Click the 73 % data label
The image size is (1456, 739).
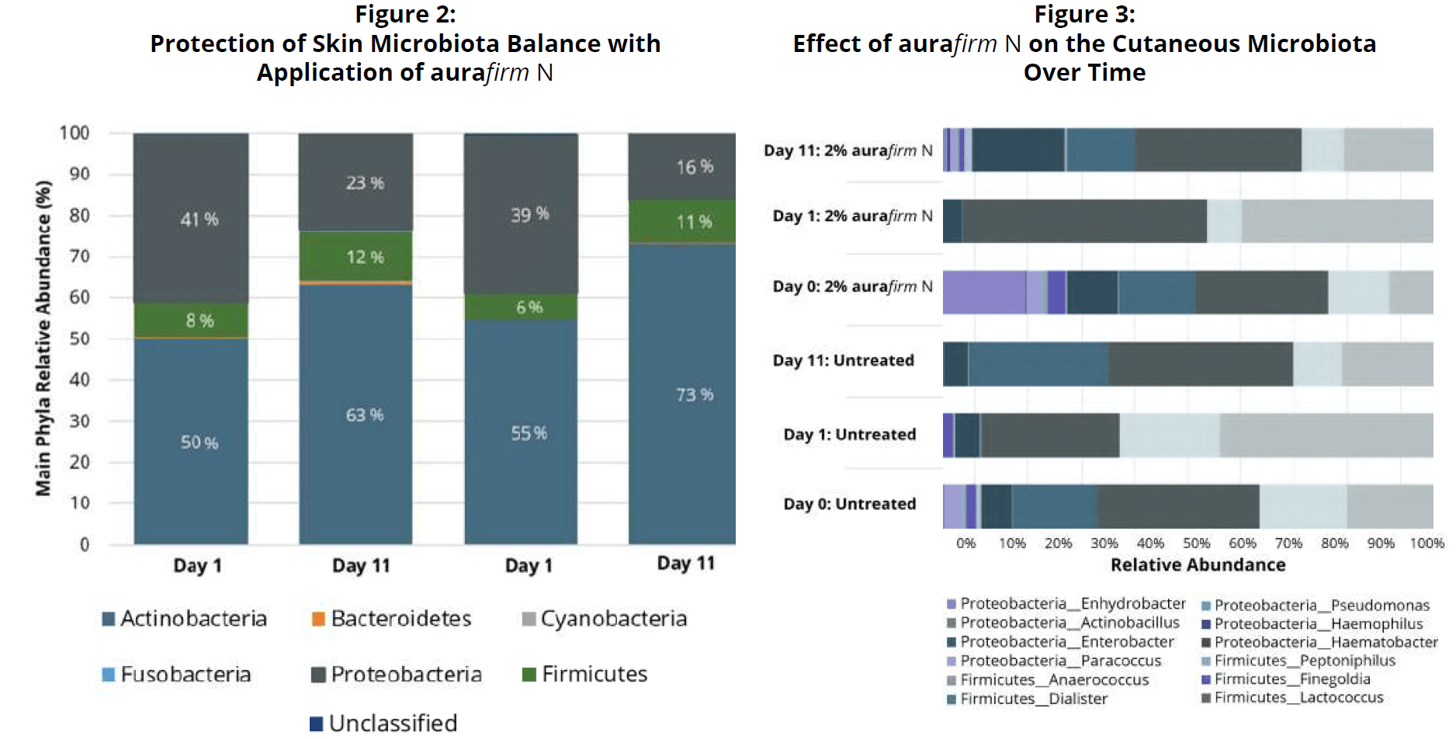[x=694, y=395]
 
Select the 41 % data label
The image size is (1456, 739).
[x=199, y=220]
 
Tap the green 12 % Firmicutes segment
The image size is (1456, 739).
[x=356, y=257]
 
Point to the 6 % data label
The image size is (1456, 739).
[x=529, y=307]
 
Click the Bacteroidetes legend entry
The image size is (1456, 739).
[x=392, y=619]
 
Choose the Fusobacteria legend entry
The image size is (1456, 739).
[x=177, y=675]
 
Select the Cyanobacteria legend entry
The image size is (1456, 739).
[x=605, y=619]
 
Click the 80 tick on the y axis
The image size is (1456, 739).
[x=79, y=215]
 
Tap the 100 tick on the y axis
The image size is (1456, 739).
[x=75, y=133]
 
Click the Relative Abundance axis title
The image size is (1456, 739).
[x=1198, y=565]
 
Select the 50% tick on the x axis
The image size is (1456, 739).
[x=1196, y=543]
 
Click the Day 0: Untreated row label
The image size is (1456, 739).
[x=849, y=505]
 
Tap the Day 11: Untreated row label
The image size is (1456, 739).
[x=843, y=360]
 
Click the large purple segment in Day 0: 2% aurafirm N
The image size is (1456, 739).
[x=984, y=293]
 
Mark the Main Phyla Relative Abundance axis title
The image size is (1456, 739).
[x=43, y=338]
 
